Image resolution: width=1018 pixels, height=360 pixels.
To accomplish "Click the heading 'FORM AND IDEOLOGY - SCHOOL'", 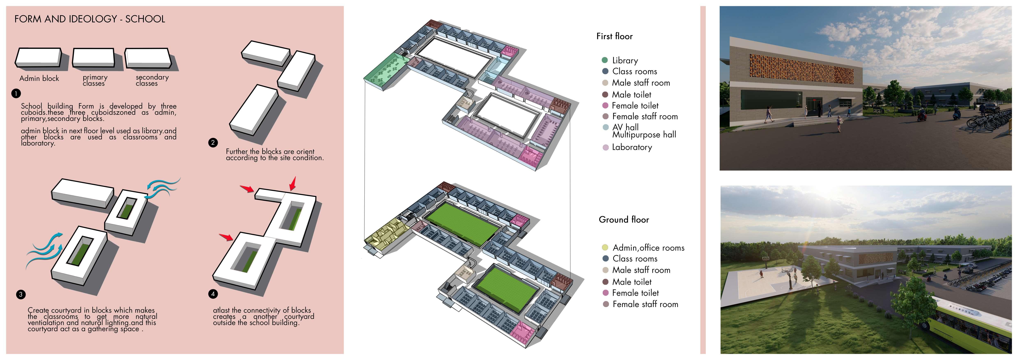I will (90, 19).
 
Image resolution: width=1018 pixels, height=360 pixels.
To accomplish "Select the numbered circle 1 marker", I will (16, 94).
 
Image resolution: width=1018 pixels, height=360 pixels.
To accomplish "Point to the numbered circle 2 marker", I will (213, 143).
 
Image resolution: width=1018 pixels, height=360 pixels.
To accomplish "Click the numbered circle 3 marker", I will (21, 294).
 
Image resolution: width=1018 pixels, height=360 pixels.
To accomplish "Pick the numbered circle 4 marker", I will (213, 294).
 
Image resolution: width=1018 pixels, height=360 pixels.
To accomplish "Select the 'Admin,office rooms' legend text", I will (648, 248).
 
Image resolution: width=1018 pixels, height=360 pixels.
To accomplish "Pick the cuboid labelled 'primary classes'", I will (94, 58).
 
